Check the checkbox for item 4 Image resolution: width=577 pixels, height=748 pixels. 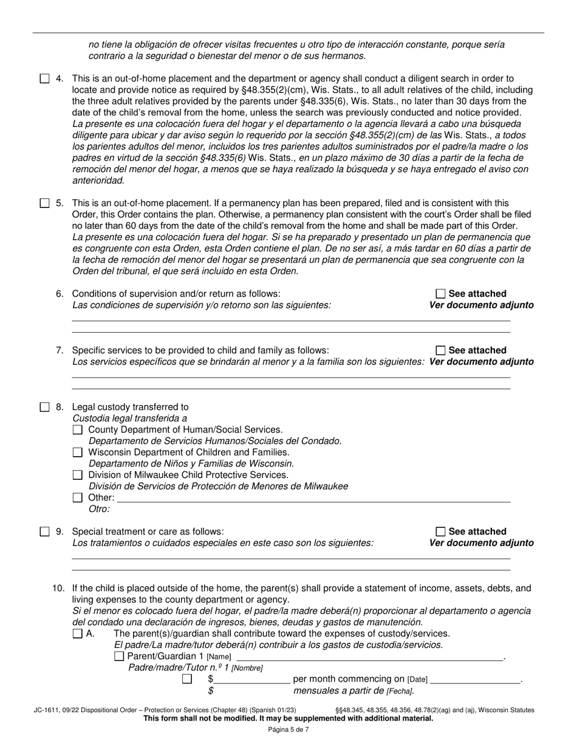click(45, 78)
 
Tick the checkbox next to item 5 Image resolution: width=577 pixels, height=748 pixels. click(45, 203)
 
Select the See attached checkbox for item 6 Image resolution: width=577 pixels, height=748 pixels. click(441, 294)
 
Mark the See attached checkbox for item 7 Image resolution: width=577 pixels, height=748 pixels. click(441, 350)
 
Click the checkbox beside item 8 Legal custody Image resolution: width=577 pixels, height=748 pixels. click(45, 407)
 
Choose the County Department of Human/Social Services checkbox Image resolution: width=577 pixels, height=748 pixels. click(78, 430)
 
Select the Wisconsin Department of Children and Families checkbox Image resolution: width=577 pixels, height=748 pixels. click(78, 452)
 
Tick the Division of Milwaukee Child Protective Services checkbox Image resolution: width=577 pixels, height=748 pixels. click(78, 475)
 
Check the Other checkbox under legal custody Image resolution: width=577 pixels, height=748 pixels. click(78, 497)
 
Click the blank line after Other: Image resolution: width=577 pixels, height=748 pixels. click(313, 499)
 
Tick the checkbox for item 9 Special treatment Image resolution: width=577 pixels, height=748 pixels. click(45, 532)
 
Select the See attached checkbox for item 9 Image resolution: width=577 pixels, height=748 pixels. click(441, 532)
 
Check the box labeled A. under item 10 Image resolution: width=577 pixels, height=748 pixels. click(78, 633)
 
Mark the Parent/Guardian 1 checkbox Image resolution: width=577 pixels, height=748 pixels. click(119, 656)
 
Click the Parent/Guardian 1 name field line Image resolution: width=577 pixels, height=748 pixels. click(369, 657)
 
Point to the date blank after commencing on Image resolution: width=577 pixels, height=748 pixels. click(475, 680)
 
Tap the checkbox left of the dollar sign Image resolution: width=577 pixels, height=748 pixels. click(187, 679)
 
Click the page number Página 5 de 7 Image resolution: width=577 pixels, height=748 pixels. click(288, 730)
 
